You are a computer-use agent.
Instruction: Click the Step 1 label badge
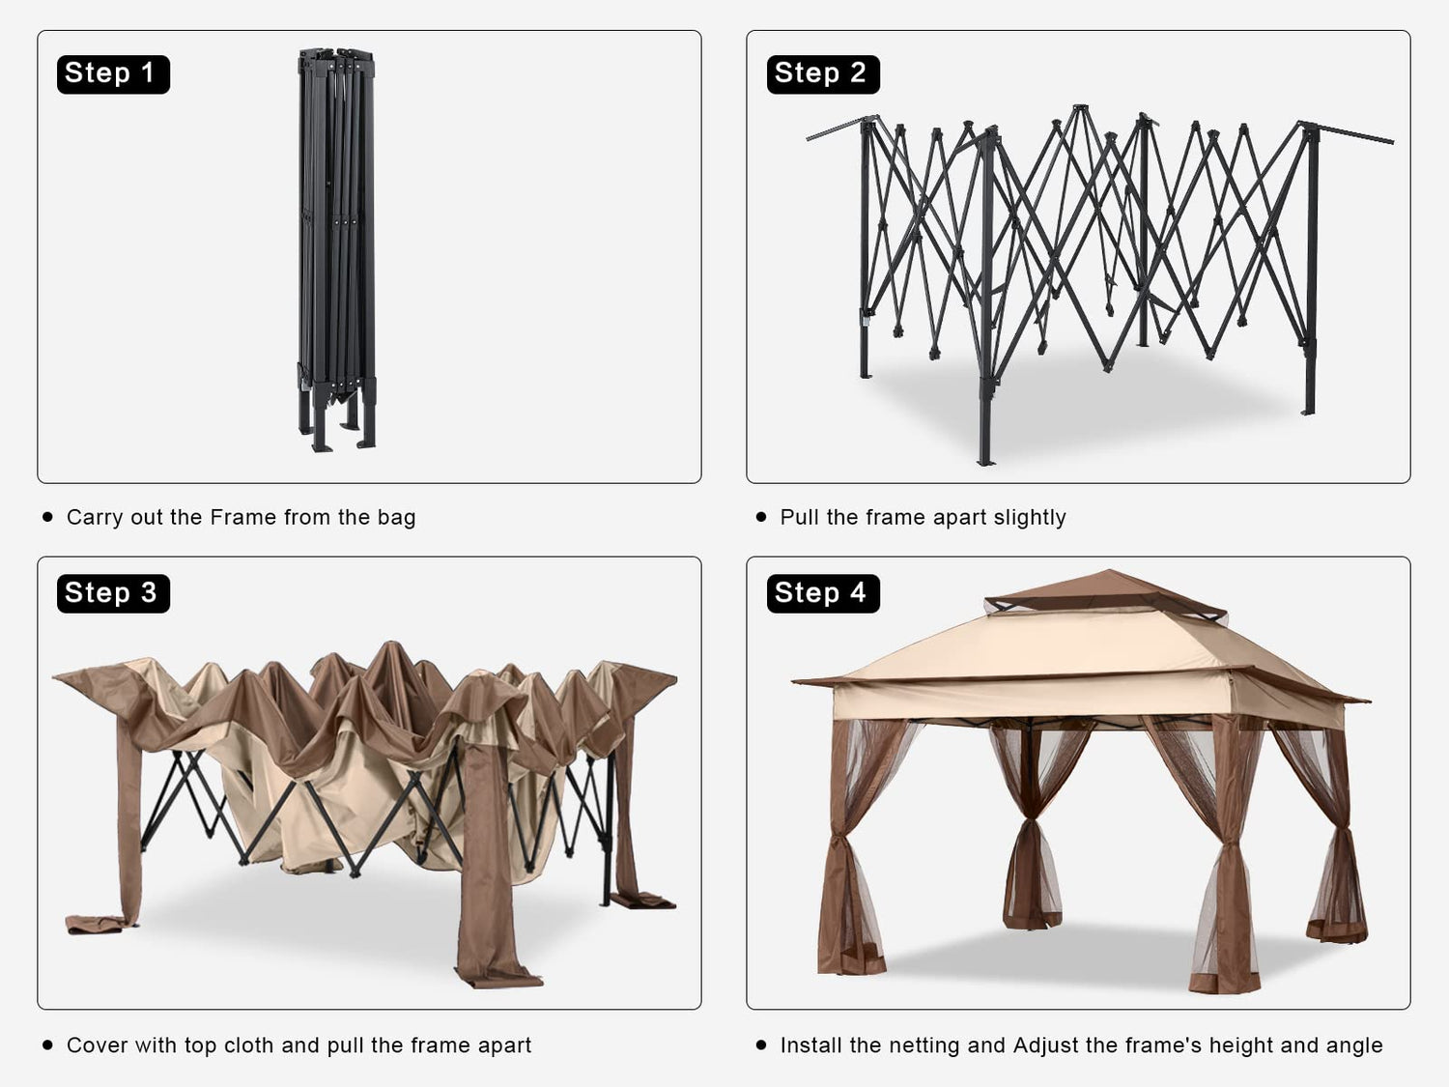[113, 74]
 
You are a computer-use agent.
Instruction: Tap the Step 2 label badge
[822, 74]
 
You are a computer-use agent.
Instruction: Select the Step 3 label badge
[113, 593]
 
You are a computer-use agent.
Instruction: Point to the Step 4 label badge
[822, 593]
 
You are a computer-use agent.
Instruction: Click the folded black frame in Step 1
[337, 249]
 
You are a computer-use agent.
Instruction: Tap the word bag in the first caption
[396, 518]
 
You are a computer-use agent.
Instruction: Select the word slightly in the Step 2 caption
[1030, 518]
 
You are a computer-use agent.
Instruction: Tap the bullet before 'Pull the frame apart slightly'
[761, 518]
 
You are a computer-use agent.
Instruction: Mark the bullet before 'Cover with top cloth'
[47, 1044]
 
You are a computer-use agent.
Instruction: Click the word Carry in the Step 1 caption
[95, 518]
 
